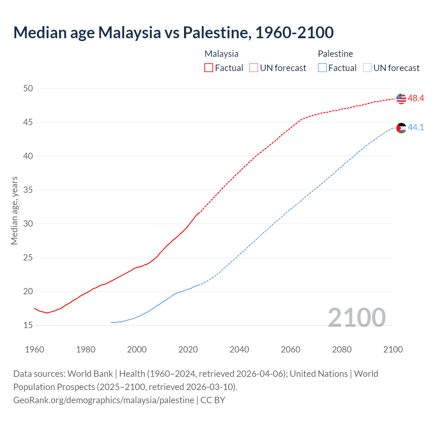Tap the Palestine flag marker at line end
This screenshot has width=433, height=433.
tap(401, 128)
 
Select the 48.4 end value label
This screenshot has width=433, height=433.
tap(416, 98)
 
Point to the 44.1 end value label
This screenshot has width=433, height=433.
tap(416, 128)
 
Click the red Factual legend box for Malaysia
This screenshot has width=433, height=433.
tap(209, 68)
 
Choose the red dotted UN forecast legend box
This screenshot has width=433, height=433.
tap(254, 68)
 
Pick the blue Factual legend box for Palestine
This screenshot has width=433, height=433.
tap(322, 68)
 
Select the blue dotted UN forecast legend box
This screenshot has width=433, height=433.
tap(367, 68)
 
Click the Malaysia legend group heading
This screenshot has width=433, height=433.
tap(221, 54)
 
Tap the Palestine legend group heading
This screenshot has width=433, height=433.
tap(335, 54)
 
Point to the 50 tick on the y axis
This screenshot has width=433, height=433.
tap(28, 89)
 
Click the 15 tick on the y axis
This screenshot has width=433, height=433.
tap(28, 325)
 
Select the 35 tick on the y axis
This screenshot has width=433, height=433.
tap(28, 190)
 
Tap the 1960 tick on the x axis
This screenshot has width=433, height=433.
tap(35, 349)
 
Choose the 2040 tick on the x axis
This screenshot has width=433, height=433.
tap(239, 349)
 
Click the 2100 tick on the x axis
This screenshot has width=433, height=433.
tap(393, 349)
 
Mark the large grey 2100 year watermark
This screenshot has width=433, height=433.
tap(357, 317)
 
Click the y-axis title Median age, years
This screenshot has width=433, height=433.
tap(14, 210)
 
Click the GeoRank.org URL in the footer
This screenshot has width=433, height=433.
tap(104, 400)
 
